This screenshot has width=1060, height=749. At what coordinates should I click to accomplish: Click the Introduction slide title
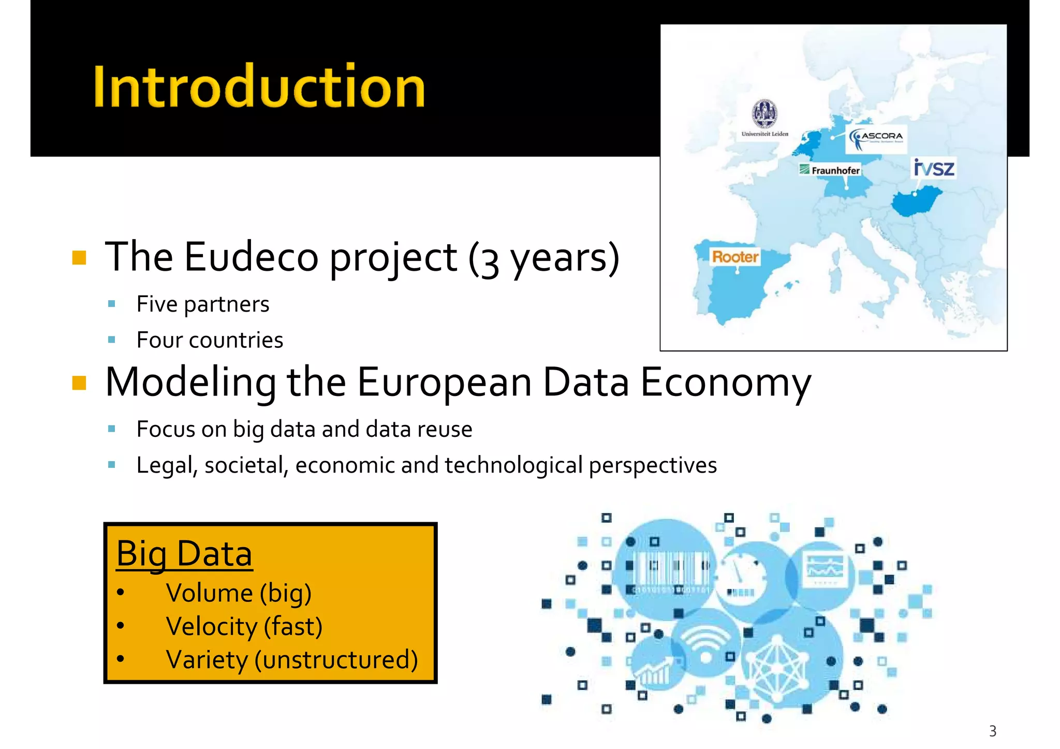pos(259,86)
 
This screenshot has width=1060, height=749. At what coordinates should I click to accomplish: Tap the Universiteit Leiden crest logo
pos(764,113)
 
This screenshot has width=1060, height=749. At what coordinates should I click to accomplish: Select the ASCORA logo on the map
pos(876,138)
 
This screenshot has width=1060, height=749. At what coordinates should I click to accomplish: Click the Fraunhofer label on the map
pos(830,170)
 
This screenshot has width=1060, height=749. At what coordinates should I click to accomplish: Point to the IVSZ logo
pos(934,168)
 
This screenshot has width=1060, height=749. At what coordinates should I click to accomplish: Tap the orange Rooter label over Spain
pos(735,256)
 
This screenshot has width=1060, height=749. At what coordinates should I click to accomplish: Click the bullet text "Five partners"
pos(202,304)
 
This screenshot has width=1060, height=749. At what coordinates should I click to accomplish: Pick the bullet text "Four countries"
pos(210,340)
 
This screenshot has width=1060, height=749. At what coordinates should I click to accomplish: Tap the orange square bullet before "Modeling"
pos(79,383)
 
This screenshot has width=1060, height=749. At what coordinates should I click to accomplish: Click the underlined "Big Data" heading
pos(184,554)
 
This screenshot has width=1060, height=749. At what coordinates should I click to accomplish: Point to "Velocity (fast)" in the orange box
pos(244,627)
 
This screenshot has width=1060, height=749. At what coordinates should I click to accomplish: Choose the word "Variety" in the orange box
pos(207,660)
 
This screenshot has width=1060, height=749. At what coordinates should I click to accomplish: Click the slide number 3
pos(992,731)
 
